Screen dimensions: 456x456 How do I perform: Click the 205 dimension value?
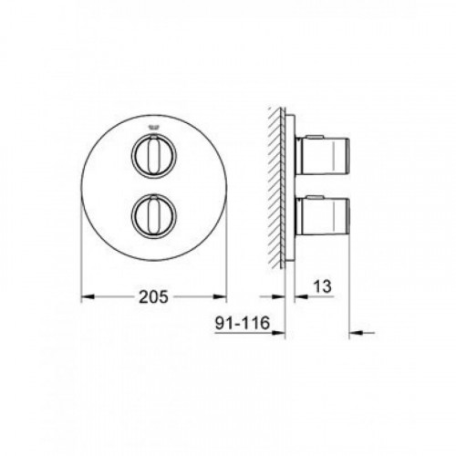click(x=153, y=296)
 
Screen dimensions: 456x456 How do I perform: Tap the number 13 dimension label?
click(x=322, y=286)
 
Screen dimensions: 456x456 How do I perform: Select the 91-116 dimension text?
click(x=243, y=323)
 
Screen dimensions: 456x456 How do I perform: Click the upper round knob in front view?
click(x=153, y=155)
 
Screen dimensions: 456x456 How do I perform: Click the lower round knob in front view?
click(x=153, y=216)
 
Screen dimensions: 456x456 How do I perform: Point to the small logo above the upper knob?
click(x=153, y=128)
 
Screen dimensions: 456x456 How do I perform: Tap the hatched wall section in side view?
click(x=275, y=188)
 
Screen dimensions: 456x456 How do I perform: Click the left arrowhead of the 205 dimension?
click(x=88, y=296)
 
